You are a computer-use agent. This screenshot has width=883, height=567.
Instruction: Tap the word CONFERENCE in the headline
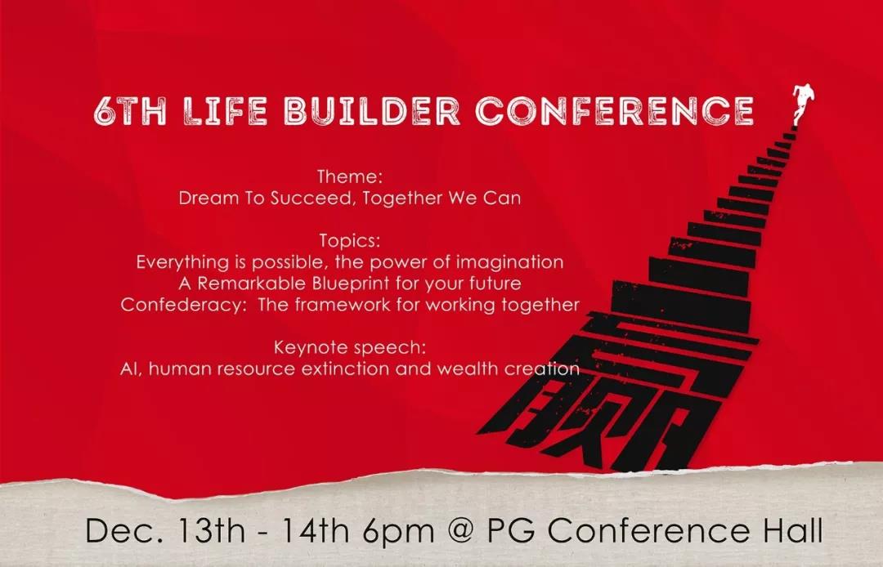[614, 110]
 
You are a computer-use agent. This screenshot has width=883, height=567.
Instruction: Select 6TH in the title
[130, 110]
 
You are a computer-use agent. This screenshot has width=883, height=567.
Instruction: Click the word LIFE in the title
[226, 110]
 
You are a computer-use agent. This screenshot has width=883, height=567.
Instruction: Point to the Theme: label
[350, 176]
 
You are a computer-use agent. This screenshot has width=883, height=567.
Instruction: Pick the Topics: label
[350, 241]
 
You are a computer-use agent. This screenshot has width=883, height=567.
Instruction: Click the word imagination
[509, 262]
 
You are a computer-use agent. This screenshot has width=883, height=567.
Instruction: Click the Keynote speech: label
[350, 347]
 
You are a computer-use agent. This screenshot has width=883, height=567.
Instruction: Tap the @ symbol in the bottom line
[461, 530]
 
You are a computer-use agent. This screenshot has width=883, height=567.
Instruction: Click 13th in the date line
[211, 529]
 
